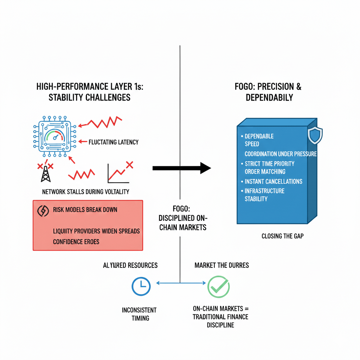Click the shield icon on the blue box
pyautogui.click(x=315, y=135)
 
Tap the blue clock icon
pyautogui.click(x=141, y=287)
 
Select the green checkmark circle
pyautogui.click(x=218, y=287)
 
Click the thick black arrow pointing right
pyautogui.click(x=181, y=168)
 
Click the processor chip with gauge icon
pyautogui.click(x=55, y=137)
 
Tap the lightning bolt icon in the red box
pyautogui.click(x=43, y=211)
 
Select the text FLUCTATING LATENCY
pyautogui.click(x=114, y=142)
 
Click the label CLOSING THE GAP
pyautogui.click(x=282, y=236)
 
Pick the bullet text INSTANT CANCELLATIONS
pyautogui.click(x=274, y=181)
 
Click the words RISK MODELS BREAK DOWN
pyautogui.click(x=85, y=210)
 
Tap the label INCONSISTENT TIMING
pyautogui.click(x=140, y=314)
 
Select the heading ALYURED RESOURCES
pyautogui.click(x=130, y=265)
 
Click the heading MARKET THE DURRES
pyautogui.click(x=221, y=265)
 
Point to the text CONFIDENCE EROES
pyautogui.click(x=76, y=242)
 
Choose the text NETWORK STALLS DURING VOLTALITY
pyautogui.click(x=85, y=192)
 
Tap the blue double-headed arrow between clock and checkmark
pyautogui.click(x=180, y=283)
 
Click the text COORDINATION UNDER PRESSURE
pyautogui.click(x=281, y=154)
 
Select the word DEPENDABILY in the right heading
pyautogui.click(x=269, y=98)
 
